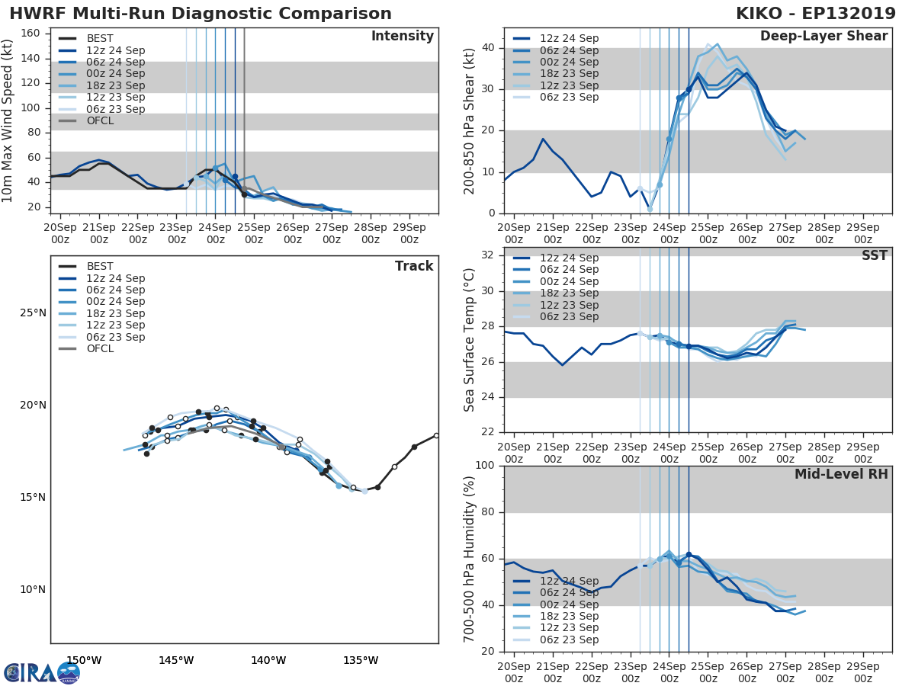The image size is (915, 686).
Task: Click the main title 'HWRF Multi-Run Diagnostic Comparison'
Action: coord(201,14)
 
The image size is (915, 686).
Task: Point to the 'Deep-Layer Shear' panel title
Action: coord(823,37)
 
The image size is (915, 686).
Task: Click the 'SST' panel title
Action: coord(874,255)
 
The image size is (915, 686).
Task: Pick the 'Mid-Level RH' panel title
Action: coord(840,474)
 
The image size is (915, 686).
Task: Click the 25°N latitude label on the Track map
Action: coord(33,313)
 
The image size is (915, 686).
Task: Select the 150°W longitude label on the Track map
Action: coord(84,660)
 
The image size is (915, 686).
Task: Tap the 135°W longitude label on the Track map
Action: coord(361,660)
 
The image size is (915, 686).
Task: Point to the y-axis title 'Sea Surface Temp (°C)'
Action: coord(470,340)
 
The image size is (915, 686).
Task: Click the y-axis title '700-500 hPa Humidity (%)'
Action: coord(470,559)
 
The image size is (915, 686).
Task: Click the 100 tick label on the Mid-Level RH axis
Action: coord(483,466)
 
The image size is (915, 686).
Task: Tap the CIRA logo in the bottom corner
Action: coord(41,672)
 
